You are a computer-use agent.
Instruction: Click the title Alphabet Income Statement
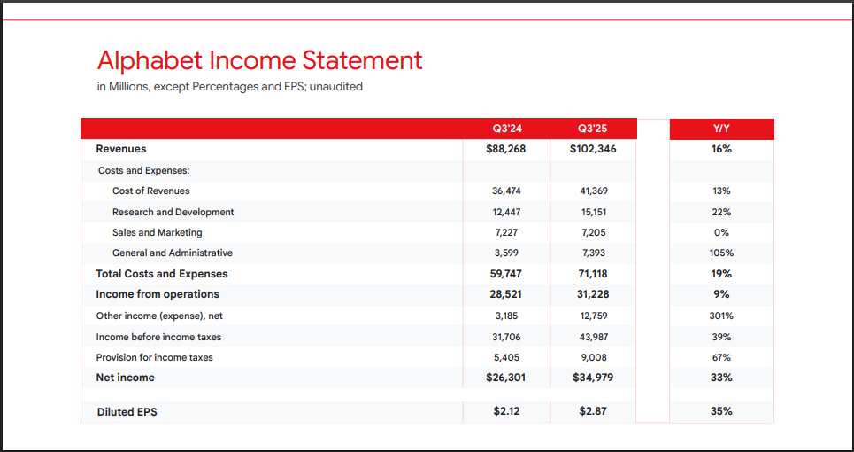pos(259,60)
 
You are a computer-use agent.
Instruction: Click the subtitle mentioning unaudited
pos(229,87)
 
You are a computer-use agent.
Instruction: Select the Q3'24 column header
pos(506,129)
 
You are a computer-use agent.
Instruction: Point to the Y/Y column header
pos(721,129)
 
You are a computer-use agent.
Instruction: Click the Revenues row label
pos(121,149)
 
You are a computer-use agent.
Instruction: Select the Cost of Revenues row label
pos(150,191)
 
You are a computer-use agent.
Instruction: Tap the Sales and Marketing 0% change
pos(721,232)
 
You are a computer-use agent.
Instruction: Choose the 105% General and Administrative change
pos(721,253)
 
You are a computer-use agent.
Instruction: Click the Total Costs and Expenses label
pos(162,274)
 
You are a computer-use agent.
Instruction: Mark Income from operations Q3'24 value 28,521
pos(506,294)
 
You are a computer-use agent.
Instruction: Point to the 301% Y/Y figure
pos(721,316)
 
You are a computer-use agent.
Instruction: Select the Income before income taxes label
pos(158,337)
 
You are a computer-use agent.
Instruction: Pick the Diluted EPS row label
pos(127,411)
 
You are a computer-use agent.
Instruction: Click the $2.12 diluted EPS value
pos(506,411)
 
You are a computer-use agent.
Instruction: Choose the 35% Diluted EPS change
pos(721,411)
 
